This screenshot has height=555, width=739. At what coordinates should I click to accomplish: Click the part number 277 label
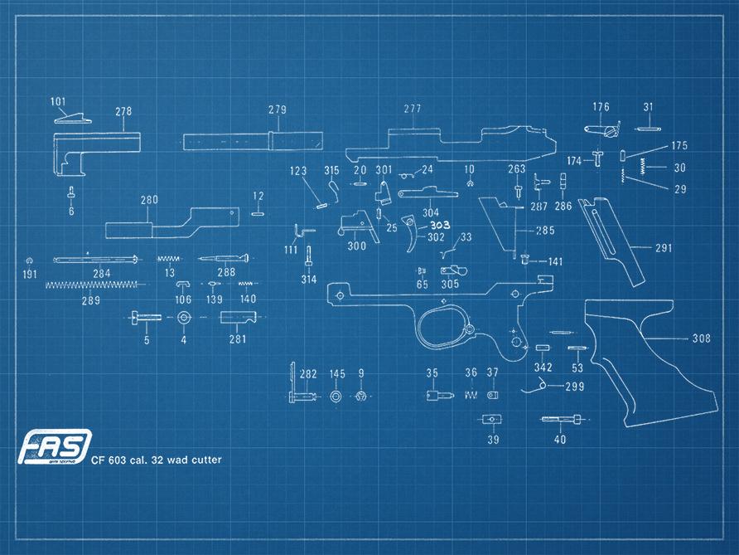pyautogui.click(x=413, y=110)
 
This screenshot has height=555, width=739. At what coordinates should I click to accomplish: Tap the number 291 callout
pyautogui.click(x=664, y=248)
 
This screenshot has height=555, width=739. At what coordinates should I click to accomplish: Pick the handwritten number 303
pyautogui.click(x=439, y=226)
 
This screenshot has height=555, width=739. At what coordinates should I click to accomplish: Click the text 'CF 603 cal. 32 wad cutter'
pyautogui.click(x=157, y=460)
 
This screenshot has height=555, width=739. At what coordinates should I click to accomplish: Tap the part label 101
pyautogui.click(x=58, y=102)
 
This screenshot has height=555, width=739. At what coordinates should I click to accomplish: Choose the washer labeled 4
pyautogui.click(x=183, y=319)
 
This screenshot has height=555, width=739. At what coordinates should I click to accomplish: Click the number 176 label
pyautogui.click(x=601, y=107)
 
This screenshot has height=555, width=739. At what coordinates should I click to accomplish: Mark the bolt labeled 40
pyautogui.click(x=563, y=420)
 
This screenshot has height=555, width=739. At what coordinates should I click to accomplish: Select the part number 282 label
pyautogui.click(x=308, y=375)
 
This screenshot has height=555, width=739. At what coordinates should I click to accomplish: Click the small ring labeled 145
pyautogui.click(x=336, y=397)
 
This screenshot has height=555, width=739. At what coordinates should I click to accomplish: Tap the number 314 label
pyautogui.click(x=308, y=280)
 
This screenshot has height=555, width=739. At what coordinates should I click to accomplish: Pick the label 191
pyautogui.click(x=30, y=275)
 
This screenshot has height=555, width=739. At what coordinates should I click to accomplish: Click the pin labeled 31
pyautogui.click(x=646, y=128)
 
